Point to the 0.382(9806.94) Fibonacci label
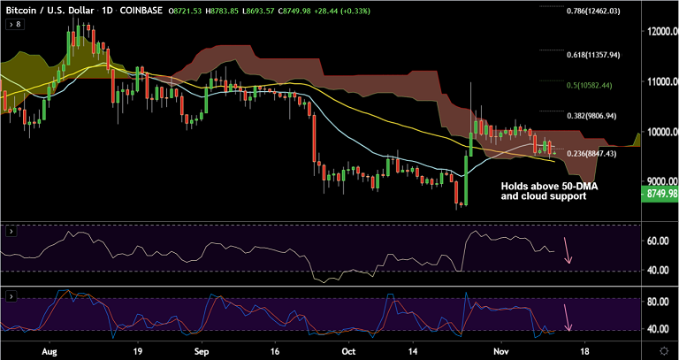pyautogui.click(x=591, y=115)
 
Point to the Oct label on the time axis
pyautogui.click(x=349, y=351)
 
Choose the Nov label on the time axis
pyautogui.click(x=500, y=351)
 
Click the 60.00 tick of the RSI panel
pyautogui.click(x=656, y=240)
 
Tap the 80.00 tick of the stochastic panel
pyautogui.click(x=656, y=302)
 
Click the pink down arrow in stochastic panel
pyautogui.click(x=567, y=317)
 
